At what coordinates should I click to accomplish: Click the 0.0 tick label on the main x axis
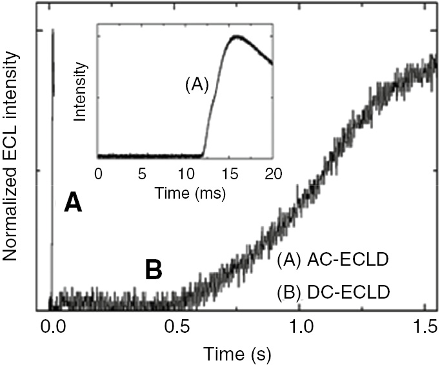click(x=51, y=324)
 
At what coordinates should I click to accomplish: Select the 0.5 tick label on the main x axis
click(x=175, y=324)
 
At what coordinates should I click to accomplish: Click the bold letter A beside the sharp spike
click(x=73, y=204)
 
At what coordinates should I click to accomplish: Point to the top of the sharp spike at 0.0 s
click(x=53, y=30)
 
